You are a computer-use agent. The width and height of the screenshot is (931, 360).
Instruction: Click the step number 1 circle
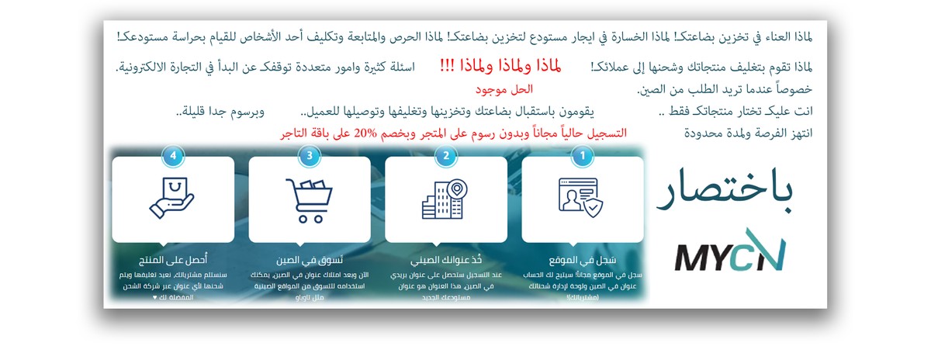(583, 156)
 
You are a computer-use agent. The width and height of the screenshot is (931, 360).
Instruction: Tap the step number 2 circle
(445, 156)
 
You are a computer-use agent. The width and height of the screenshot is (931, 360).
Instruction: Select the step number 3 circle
(310, 156)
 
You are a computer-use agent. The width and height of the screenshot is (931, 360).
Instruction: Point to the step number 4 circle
(173, 156)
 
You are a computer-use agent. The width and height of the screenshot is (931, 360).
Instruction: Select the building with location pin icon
(445, 199)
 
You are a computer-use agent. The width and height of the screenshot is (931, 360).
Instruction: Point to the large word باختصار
(725, 190)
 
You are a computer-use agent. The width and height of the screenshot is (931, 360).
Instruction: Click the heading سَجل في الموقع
(583, 259)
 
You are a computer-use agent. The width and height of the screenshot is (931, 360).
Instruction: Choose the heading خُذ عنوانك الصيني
(445, 259)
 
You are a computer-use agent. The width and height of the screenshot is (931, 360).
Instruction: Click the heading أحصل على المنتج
(173, 259)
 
